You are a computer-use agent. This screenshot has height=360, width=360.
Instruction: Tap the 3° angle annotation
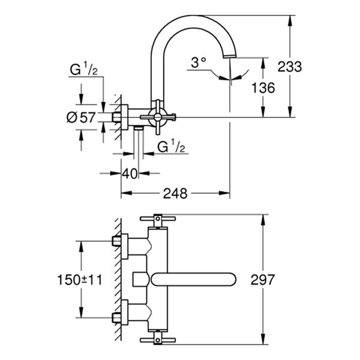click(198, 62)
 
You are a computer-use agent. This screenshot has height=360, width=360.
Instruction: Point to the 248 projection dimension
click(175, 193)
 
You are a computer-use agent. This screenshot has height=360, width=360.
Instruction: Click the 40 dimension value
click(130, 173)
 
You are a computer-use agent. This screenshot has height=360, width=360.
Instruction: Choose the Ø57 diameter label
click(81, 118)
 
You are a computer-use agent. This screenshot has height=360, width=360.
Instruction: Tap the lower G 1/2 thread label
click(171, 147)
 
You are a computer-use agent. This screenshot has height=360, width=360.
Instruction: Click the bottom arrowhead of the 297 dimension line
click(262, 341)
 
